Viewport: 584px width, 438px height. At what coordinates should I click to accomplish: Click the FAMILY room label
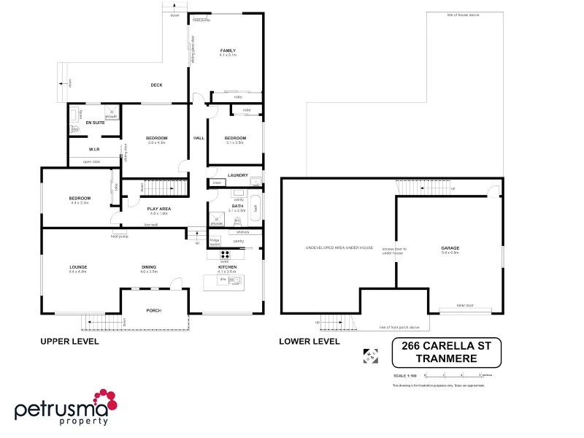[x=228, y=50]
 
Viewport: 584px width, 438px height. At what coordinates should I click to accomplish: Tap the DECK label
[x=156, y=85]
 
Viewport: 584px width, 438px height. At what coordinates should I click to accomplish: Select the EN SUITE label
[x=95, y=123]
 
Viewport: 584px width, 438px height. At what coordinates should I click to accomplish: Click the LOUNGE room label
[x=78, y=267]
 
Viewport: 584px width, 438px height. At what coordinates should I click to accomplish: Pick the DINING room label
[x=149, y=267]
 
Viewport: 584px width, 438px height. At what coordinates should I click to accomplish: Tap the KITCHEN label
[x=227, y=267]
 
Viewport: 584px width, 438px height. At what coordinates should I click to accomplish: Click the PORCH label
[x=153, y=310]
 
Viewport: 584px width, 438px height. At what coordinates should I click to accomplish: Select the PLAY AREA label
[x=158, y=210]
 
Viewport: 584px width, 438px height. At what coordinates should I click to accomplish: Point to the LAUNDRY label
[x=238, y=175]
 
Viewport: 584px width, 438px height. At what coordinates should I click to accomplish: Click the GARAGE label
[x=450, y=248]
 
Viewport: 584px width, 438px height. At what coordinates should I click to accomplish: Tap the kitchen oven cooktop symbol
[x=226, y=255]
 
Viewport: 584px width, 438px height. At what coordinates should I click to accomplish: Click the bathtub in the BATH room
[x=255, y=207]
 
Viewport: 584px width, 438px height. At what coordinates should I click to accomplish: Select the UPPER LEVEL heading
[x=69, y=341]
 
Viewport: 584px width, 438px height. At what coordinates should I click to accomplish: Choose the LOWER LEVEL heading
[x=309, y=341]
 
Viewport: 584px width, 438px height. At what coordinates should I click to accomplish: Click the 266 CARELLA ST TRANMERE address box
[x=447, y=353]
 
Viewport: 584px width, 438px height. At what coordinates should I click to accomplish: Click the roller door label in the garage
[x=465, y=305]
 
